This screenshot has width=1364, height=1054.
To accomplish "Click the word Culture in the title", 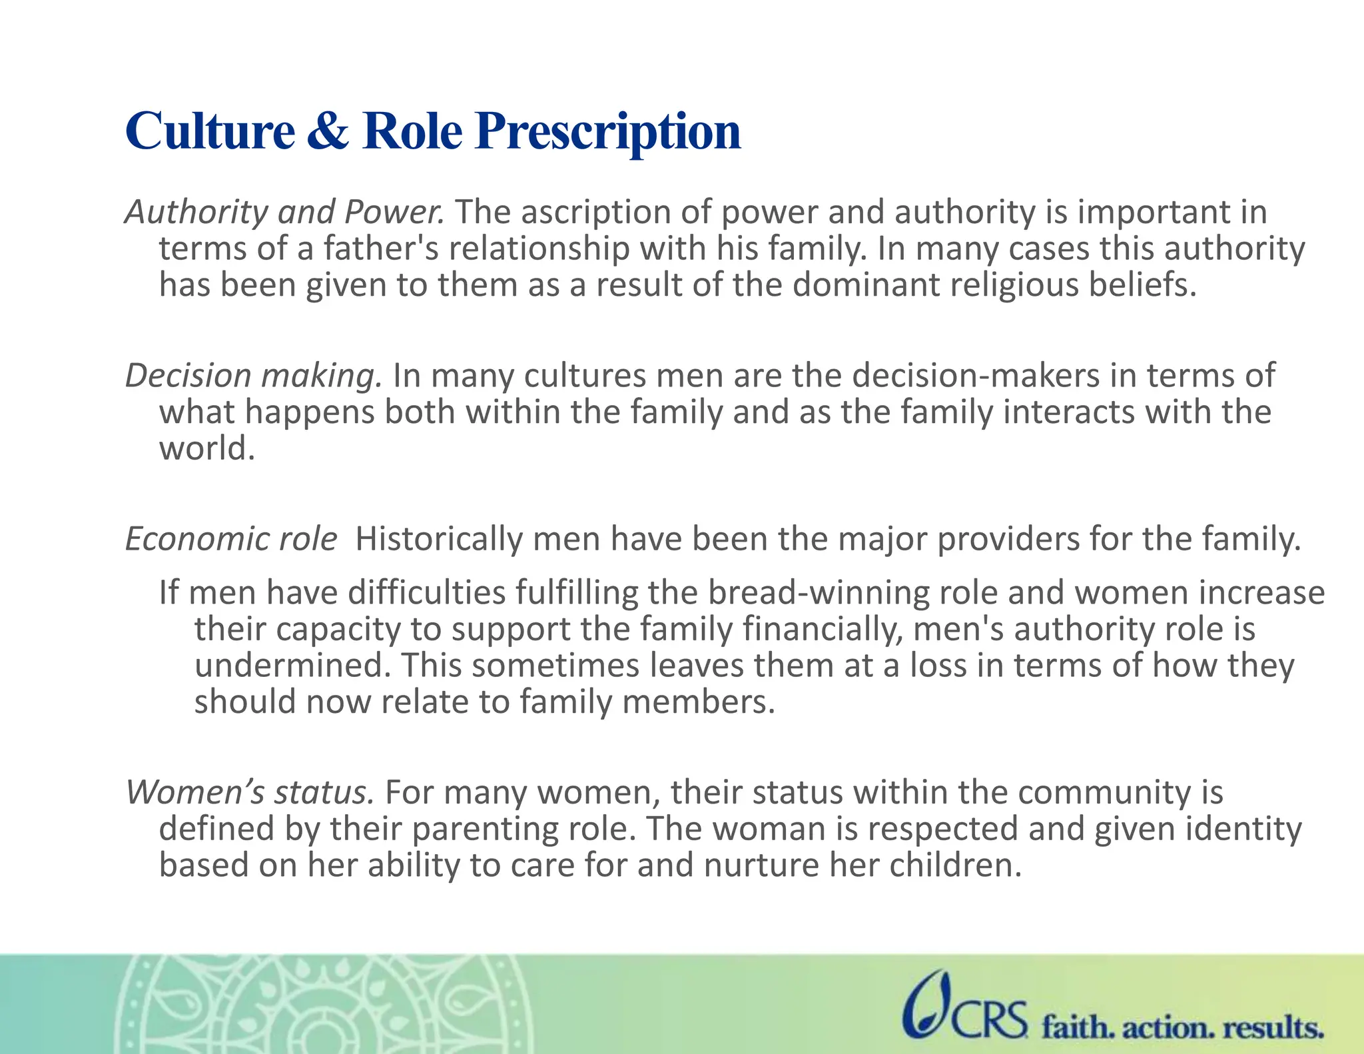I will (x=210, y=131).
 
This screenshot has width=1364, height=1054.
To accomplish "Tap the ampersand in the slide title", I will (x=328, y=131).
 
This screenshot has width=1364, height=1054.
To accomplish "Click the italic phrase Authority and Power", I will (x=284, y=213).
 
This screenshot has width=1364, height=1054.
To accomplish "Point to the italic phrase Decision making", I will (x=254, y=376).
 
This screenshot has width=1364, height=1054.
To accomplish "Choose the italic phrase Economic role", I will (x=231, y=539).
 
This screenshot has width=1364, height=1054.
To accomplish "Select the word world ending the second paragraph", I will (x=206, y=448).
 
